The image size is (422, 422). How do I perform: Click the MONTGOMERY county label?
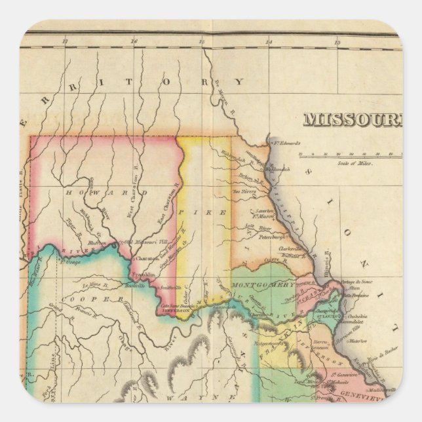[x=271, y=285]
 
